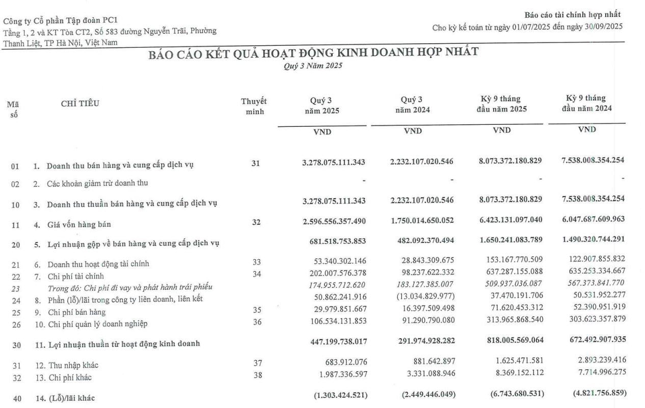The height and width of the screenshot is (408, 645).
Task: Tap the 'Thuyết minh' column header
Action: (254, 106)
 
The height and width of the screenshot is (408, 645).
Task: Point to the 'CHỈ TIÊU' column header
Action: (80, 104)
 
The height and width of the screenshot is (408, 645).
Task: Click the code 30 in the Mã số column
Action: (16, 345)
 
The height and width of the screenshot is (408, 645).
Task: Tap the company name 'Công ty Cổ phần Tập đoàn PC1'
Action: (61, 20)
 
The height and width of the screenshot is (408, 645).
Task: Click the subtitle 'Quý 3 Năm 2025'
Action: (313, 66)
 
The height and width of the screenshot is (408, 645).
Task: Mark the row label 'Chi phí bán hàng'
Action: (77, 312)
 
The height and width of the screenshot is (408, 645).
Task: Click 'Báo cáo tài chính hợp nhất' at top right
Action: (573, 15)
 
